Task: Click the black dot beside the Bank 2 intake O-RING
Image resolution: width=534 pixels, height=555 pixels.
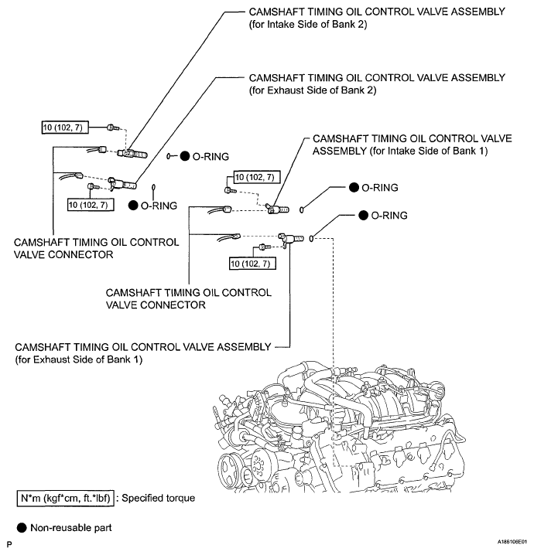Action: (185, 156)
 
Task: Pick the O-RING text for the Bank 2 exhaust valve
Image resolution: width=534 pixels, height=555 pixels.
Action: (159, 206)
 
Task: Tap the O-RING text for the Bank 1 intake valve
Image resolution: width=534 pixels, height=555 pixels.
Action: (381, 187)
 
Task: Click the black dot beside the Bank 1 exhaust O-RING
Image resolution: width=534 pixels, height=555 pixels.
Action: (363, 215)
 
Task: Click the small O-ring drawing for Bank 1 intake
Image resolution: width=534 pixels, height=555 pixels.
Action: (303, 208)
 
